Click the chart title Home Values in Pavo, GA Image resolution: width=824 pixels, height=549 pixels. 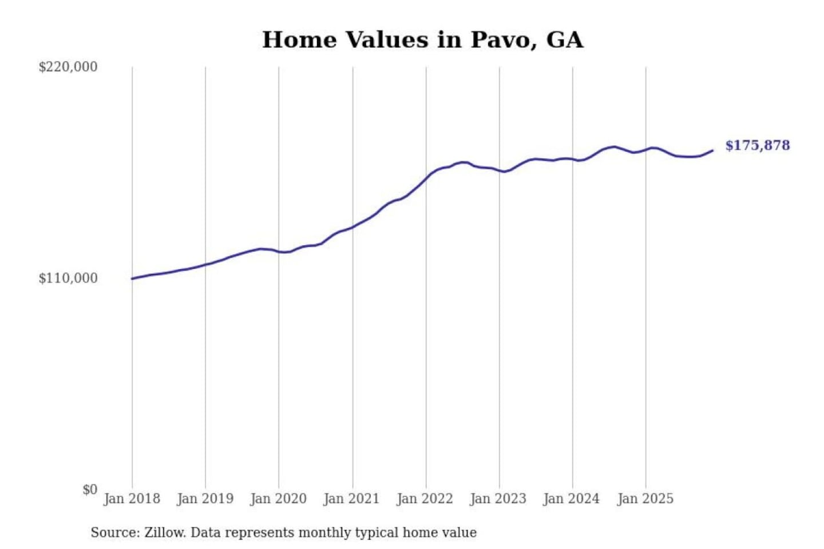[x=423, y=40]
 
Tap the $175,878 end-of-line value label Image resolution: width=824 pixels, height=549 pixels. [x=757, y=145]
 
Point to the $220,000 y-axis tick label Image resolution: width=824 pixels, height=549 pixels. [x=68, y=67]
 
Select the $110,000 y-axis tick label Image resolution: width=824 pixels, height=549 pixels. [x=68, y=279]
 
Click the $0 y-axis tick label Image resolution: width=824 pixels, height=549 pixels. [x=90, y=490]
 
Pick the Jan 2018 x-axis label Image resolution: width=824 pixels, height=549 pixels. [x=132, y=499]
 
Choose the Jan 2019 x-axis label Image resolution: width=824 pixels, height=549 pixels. [x=205, y=499]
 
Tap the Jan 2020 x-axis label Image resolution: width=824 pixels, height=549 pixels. [x=279, y=499]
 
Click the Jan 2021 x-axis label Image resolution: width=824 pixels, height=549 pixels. [x=352, y=499]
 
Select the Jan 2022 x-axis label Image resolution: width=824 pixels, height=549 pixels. [x=425, y=499]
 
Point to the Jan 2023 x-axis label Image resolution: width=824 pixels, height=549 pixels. [x=498, y=499]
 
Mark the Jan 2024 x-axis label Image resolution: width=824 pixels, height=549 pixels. [x=572, y=499]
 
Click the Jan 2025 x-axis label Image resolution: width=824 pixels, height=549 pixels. [x=645, y=499]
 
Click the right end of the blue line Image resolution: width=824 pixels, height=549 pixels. [x=712, y=150]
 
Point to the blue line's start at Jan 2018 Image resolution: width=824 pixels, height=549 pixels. [x=132, y=279]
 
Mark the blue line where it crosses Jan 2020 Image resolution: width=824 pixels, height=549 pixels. [x=279, y=251]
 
